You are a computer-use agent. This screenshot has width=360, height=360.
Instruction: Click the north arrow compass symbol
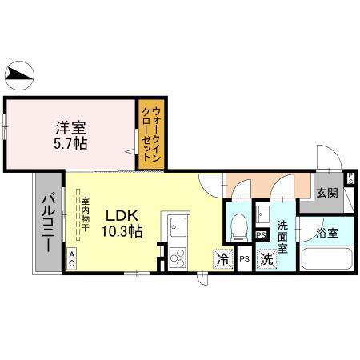click(x=20, y=77)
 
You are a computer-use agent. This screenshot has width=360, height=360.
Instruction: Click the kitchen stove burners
click(x=178, y=257)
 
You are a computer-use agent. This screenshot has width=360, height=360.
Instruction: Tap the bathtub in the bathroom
click(x=326, y=260)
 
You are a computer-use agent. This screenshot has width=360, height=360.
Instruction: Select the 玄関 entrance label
click(x=326, y=192)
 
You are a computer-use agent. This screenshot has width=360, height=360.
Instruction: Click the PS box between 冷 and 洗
click(x=244, y=259)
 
